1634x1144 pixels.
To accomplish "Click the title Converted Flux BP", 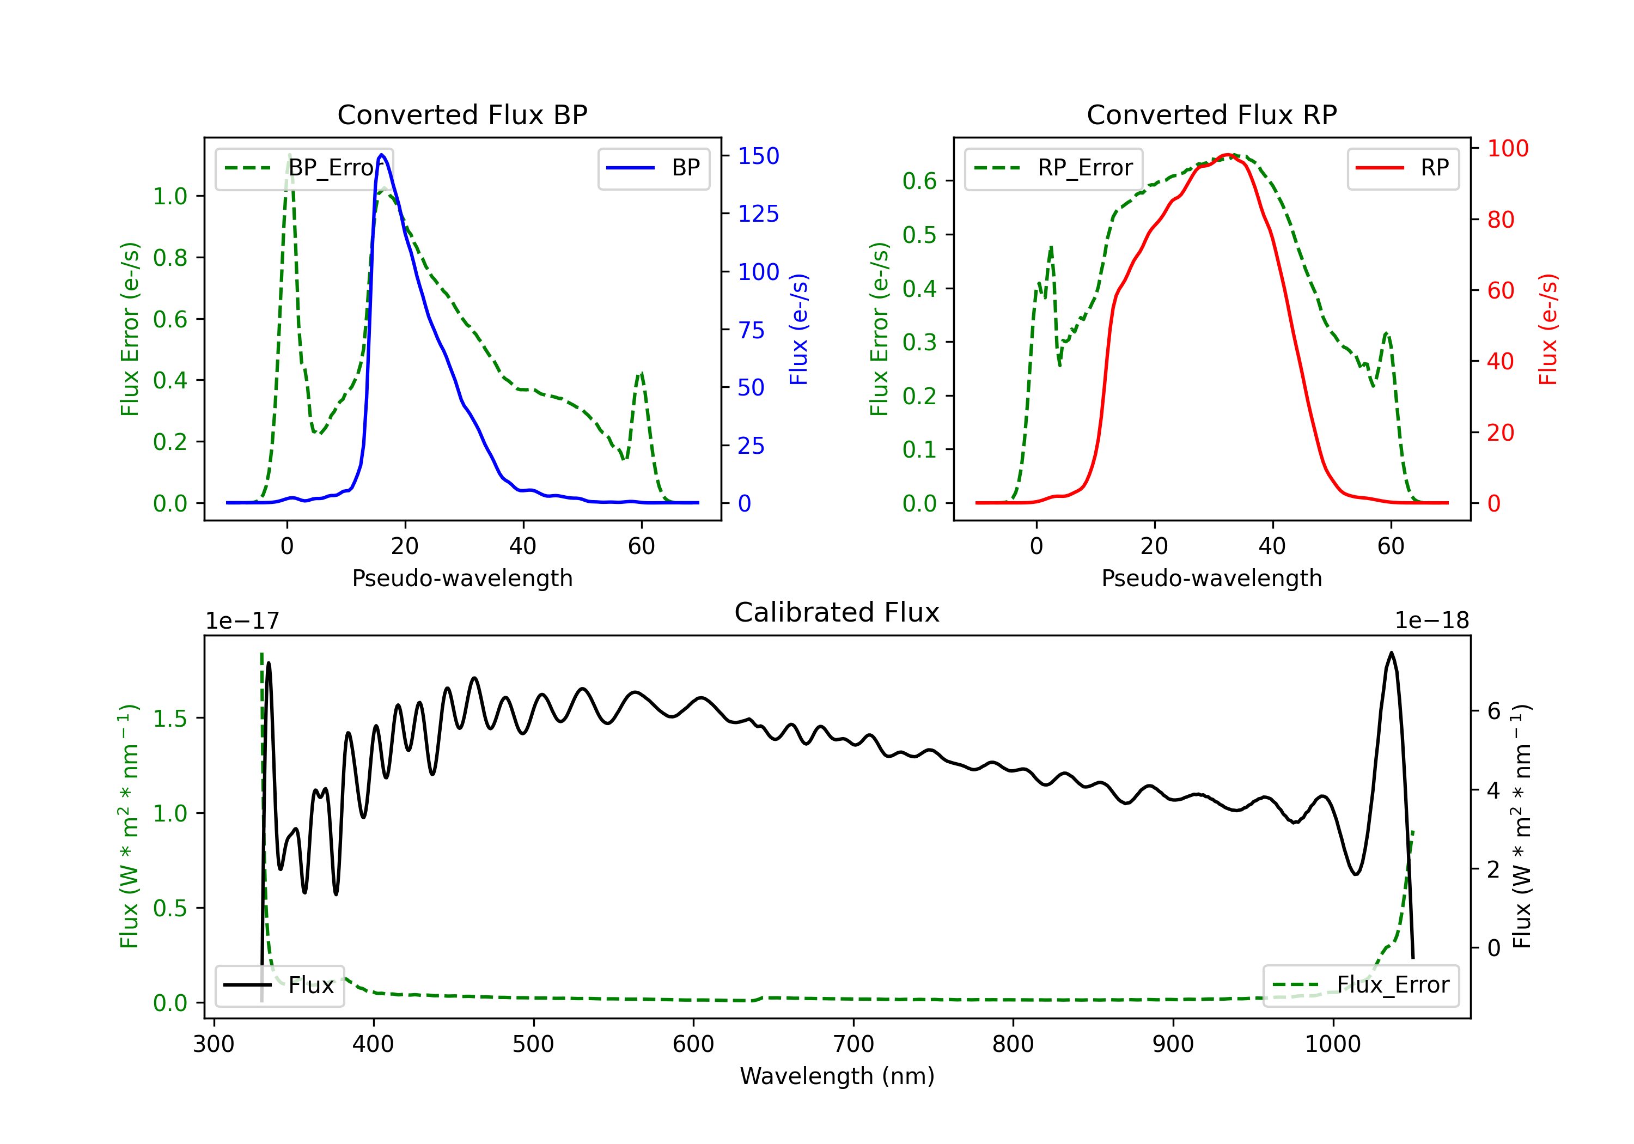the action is (462, 114).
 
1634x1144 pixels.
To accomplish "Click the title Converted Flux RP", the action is (1211, 114).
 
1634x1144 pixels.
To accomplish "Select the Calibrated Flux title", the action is (837, 612).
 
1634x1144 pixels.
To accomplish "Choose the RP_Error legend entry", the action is (1053, 168).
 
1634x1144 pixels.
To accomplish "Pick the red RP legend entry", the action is (1403, 168).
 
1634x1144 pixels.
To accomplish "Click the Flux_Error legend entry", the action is (1361, 985).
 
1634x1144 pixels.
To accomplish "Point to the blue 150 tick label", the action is (759, 156).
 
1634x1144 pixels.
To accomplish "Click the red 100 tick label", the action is (1508, 148).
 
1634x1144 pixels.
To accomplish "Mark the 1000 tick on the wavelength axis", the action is (1332, 1044).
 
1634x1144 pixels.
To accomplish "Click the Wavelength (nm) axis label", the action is (837, 1076).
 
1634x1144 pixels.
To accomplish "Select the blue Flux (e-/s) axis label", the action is (798, 329).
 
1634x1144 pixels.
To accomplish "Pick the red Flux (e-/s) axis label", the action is (1548, 329).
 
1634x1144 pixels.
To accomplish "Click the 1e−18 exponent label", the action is (1432, 621).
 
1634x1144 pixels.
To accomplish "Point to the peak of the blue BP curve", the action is (382, 155).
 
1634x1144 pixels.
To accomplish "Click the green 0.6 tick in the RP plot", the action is (919, 181).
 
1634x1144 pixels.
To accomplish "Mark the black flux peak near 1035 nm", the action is (1391, 653).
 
